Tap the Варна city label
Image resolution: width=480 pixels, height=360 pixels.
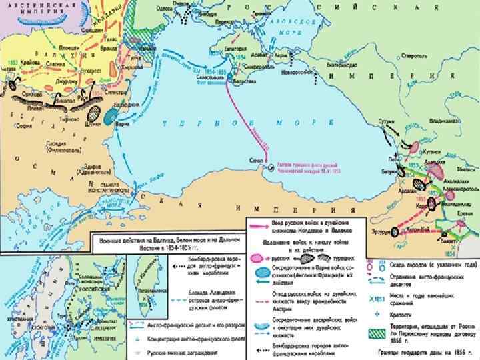point(123,124)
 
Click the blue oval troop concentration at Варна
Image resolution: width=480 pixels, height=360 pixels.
point(110,115)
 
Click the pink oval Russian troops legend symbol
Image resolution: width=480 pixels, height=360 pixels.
point(257,257)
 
